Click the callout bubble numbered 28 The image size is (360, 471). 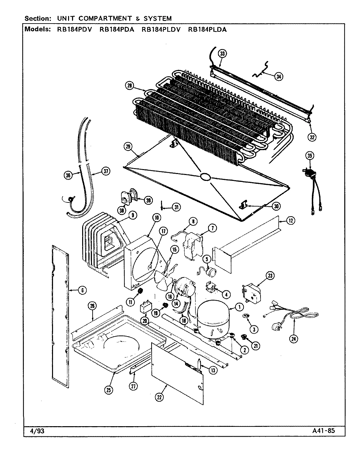pyautogui.click(x=130, y=86)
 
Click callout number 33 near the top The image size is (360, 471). pyautogui.click(x=222, y=53)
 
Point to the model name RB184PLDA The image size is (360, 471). pyautogui.click(x=207, y=29)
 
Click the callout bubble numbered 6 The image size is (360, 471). pyautogui.click(x=82, y=290)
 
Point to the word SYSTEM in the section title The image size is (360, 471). pyautogui.click(x=156, y=19)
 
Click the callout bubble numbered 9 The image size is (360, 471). pyautogui.click(x=133, y=215)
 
